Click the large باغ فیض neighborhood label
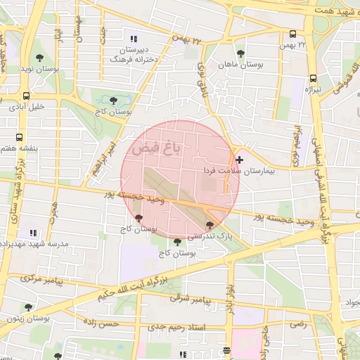click(x=155, y=148)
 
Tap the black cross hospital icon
click(x=240, y=160)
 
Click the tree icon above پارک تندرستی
click(x=210, y=225)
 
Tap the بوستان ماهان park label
click(x=240, y=64)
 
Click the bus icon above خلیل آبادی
click(x=27, y=96)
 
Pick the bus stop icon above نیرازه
click(x=313, y=78)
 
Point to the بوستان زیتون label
click(x=27, y=319)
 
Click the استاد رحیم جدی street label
click(x=196, y=327)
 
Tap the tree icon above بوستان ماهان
click(x=240, y=53)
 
